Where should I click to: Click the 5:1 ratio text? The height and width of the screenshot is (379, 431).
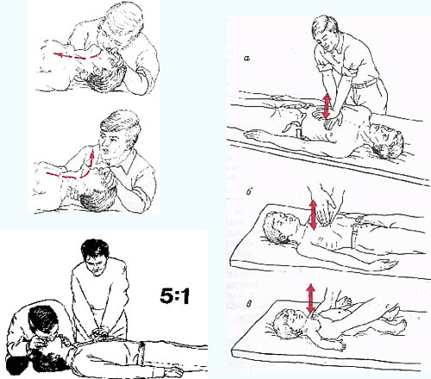pyautogui.click(x=175, y=295)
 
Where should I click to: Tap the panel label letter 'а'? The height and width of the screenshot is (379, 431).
pyautogui.click(x=247, y=59)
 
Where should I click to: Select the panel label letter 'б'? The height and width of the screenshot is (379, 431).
pyautogui.click(x=249, y=192)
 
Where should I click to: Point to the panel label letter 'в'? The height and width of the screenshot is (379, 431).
pyautogui.click(x=249, y=304)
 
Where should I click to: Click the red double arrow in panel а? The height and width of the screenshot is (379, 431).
pyautogui.click(x=327, y=106)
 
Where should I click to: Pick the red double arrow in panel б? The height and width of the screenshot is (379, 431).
pyautogui.click(x=313, y=214)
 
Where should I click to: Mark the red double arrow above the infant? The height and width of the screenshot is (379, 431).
pyautogui.click(x=310, y=298)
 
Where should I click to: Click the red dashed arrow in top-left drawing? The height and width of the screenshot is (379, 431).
pyautogui.click(x=77, y=55)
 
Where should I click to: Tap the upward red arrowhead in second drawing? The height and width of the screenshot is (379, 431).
pyautogui.click(x=91, y=153)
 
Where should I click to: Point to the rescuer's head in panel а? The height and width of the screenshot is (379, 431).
pyautogui.click(x=325, y=31)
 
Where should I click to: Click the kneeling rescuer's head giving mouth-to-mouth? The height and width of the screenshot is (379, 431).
pyautogui.click(x=43, y=321)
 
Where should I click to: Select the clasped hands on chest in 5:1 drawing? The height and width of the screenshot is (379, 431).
pyautogui.click(x=99, y=333)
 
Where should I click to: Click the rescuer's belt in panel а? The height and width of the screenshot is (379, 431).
pyautogui.click(x=364, y=83)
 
